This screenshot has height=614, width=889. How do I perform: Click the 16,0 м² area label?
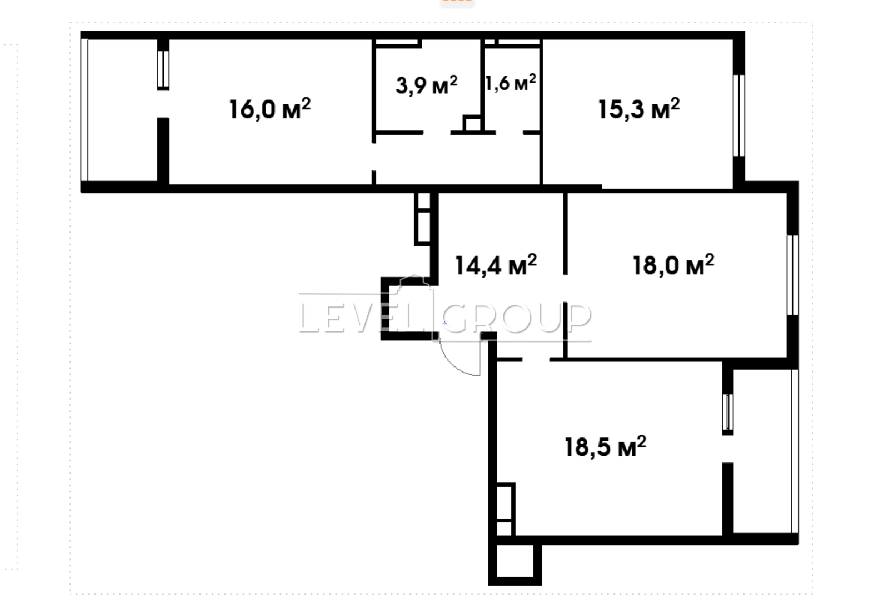click(270, 109)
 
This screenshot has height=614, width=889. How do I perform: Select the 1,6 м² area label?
click(511, 83)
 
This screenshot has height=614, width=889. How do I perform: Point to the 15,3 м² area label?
click(639, 109)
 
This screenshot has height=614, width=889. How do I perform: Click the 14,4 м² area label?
click(496, 265)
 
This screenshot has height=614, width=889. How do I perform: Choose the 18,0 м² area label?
click(673, 265)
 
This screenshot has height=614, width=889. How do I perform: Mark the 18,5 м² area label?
click(605, 447)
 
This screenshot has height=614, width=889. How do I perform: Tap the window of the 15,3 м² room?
click(738, 115)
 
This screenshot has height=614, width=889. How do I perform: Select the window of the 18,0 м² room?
click(792, 275)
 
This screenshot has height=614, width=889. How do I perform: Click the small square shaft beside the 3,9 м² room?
click(472, 123)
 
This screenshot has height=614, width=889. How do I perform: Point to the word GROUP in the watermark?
click(521, 318)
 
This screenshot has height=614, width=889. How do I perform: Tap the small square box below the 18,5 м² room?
click(515, 561)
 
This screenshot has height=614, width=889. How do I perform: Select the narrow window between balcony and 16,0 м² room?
click(163, 69)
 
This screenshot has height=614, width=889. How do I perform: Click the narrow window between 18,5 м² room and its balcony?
click(727, 412)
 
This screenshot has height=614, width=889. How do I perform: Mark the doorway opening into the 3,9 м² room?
click(437, 133)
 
